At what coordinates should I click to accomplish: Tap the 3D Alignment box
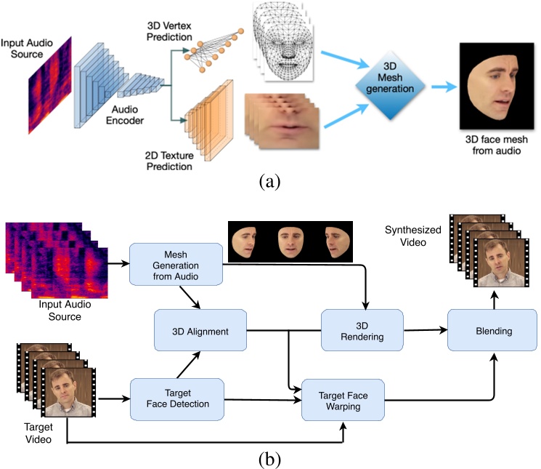(200, 332)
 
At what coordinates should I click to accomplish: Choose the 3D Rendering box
(362, 332)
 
